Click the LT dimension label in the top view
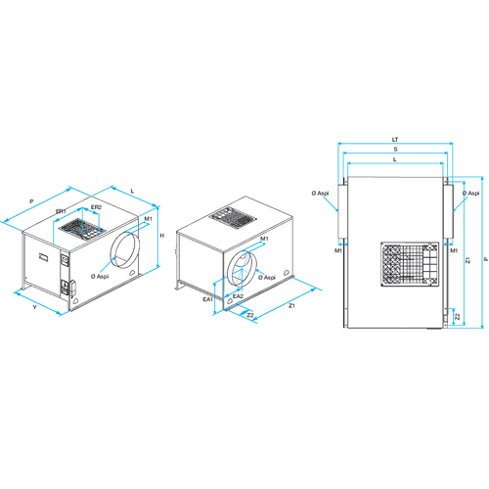coord(393,140)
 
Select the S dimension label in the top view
coord(393,150)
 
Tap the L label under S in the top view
coord(393,159)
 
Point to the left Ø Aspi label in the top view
coord(321,194)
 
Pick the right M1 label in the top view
coord(454,250)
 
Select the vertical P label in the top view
coord(482,259)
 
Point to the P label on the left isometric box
coord(31,200)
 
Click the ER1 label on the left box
coord(61,210)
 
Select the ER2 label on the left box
coord(96,207)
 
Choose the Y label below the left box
coord(34,307)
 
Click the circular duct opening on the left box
coord(126,251)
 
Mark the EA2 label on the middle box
coord(238,295)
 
